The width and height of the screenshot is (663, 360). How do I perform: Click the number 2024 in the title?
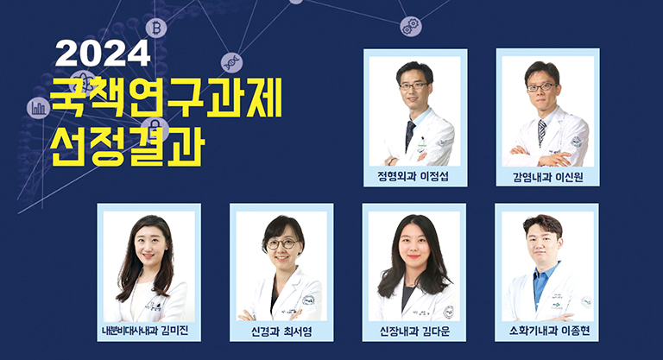pos(103,54)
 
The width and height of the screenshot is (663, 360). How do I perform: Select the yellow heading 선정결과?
pos(128,145)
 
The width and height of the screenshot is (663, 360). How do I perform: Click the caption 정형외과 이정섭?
pos(413,176)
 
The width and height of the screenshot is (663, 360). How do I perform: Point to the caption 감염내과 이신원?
pos(548,176)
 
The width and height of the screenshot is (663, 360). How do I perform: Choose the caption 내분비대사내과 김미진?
pos(145,331)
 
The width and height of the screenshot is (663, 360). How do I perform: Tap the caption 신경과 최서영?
pos(281,332)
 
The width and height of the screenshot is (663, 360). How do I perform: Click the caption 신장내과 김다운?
pos(414,332)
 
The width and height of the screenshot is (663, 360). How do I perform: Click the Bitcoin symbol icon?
pos(156,28)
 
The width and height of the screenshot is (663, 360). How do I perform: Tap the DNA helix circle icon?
pos(231,63)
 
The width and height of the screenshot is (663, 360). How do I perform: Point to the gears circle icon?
pos(411,26)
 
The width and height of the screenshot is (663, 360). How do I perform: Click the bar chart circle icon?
pos(38,108)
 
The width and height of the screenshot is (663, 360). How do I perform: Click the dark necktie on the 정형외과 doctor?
pos(410,135)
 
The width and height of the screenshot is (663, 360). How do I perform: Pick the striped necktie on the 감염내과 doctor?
pos(541,132)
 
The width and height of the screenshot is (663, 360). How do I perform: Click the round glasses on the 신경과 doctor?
pos(283,244)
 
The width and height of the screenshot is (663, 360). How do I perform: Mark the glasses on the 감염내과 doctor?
pos(541,87)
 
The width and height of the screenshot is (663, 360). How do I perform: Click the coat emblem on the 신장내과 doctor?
pos(448,313)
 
